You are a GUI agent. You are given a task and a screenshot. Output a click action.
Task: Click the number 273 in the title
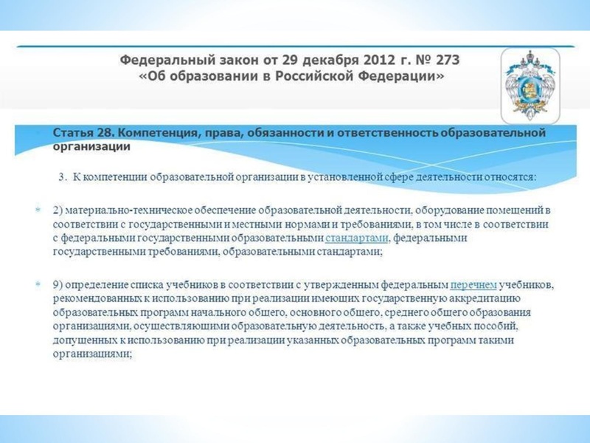[x=447, y=61]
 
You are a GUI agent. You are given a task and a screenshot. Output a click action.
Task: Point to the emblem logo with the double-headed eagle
[x=530, y=86]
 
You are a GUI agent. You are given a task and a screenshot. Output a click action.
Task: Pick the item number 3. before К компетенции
[x=63, y=177]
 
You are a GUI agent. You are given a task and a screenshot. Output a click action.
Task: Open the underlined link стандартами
[x=356, y=238]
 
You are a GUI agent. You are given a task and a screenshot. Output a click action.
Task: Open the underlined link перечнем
[x=473, y=285]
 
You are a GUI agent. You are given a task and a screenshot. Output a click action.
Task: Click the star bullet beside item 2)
[x=38, y=210]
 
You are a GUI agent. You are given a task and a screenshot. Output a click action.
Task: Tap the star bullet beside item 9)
[x=38, y=284]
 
